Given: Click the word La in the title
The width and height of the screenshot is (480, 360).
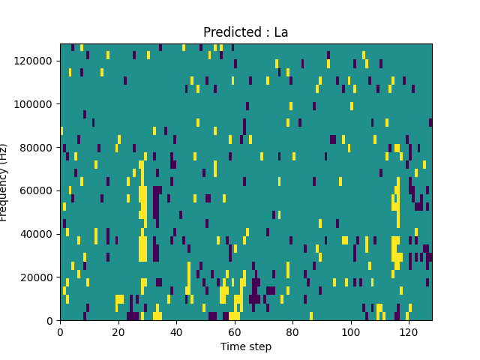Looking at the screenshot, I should (281, 33).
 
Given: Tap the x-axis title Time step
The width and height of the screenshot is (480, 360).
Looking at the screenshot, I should (246, 346).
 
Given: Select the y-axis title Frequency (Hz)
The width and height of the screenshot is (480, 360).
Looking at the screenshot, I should (4, 182).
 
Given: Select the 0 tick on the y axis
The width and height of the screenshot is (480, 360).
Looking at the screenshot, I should (50, 321).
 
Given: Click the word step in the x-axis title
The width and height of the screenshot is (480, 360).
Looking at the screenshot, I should (259, 347).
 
